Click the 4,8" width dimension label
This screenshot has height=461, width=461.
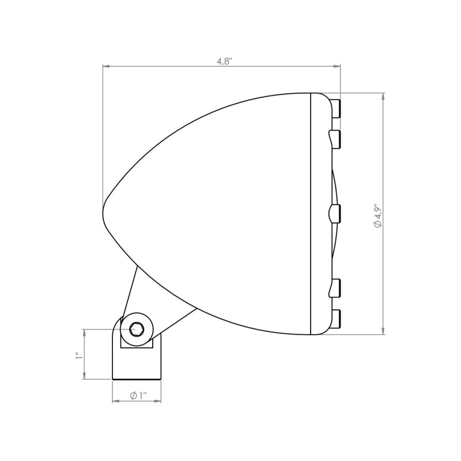(x=225, y=61)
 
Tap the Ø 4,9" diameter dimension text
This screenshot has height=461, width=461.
(x=377, y=216)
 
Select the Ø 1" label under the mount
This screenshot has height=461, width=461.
(x=138, y=396)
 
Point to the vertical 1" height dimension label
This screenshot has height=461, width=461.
(x=78, y=356)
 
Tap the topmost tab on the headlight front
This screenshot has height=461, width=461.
(x=337, y=108)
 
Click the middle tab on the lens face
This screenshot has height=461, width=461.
(x=335, y=214)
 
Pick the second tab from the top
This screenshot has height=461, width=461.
(x=335, y=139)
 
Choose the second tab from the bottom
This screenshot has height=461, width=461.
(x=335, y=288)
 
